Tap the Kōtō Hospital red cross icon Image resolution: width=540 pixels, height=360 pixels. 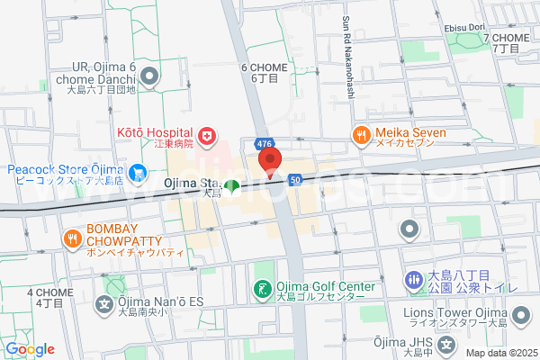(x=208, y=136)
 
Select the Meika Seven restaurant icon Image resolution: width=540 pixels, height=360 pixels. (x=361, y=136)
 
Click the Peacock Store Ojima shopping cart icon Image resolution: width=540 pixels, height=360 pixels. (x=137, y=170)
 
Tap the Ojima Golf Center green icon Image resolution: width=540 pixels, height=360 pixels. (x=262, y=290)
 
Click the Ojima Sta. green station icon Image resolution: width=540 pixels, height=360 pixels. (x=232, y=187)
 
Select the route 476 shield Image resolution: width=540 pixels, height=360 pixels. (x=263, y=145)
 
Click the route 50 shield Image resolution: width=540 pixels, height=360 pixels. (x=295, y=180)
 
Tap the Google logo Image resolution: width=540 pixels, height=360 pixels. (x=30, y=349)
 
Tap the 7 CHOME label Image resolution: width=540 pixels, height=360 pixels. (x=507, y=38)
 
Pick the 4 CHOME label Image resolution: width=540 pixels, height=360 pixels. (x=43, y=292)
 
